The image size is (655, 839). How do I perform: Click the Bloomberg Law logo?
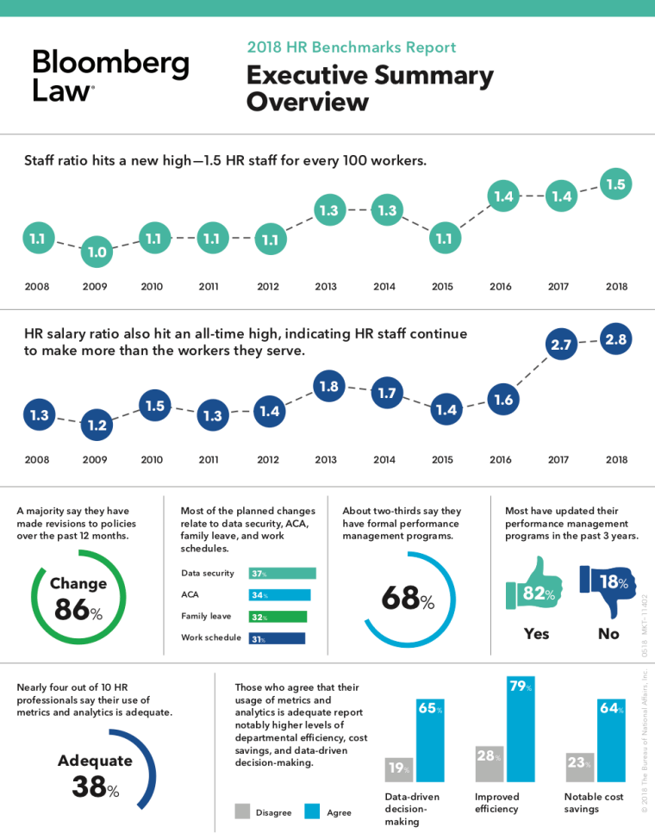pyautogui.click(x=110, y=76)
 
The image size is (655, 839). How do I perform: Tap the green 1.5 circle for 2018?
pyautogui.click(x=615, y=184)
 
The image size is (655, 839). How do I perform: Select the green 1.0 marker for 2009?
pyautogui.click(x=97, y=252)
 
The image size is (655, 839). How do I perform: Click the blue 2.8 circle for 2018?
pyautogui.click(x=615, y=340)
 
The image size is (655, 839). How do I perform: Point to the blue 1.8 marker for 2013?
pyautogui.click(x=327, y=388)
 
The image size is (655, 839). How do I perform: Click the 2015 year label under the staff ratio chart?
pyautogui.click(x=442, y=287)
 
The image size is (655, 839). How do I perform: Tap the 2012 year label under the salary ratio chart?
pyautogui.click(x=268, y=460)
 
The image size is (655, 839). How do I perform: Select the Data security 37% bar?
pyautogui.click(x=282, y=574)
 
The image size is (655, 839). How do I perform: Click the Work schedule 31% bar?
pyautogui.click(x=276, y=638)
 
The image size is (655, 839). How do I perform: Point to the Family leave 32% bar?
pyautogui.click(x=278, y=617)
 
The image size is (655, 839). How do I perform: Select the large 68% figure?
pyautogui.click(x=407, y=598)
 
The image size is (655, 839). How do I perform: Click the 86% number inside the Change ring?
pyautogui.click(x=78, y=610)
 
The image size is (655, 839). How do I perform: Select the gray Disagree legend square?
pyautogui.click(x=243, y=811)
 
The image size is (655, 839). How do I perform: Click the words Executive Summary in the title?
pyautogui.click(x=370, y=76)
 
